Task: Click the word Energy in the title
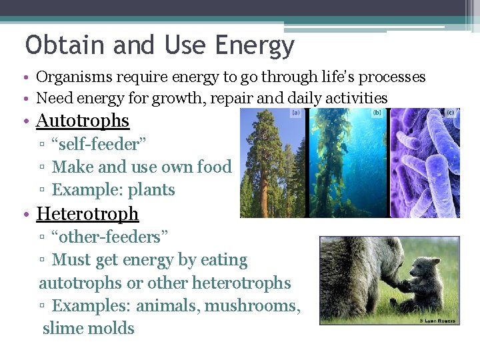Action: click(255, 45)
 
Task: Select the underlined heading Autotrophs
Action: click(82, 121)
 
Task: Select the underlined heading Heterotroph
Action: click(87, 213)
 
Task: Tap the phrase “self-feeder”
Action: click(99, 144)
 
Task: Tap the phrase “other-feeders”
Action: click(110, 237)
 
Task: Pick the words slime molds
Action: click(88, 329)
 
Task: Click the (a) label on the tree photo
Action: click(295, 114)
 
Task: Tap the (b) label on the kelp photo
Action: click(377, 113)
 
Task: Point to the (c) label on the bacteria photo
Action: click(451, 113)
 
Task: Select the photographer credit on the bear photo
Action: click(438, 321)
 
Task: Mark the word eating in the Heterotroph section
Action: click(223, 260)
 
